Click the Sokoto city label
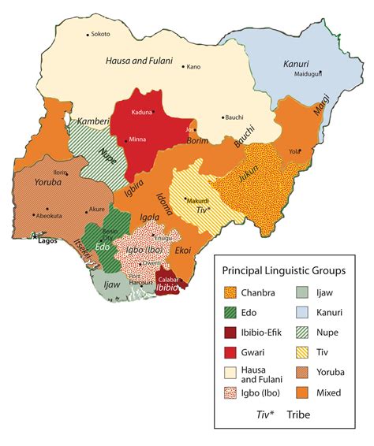(x=100, y=34)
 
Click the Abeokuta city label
(x=50, y=214)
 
